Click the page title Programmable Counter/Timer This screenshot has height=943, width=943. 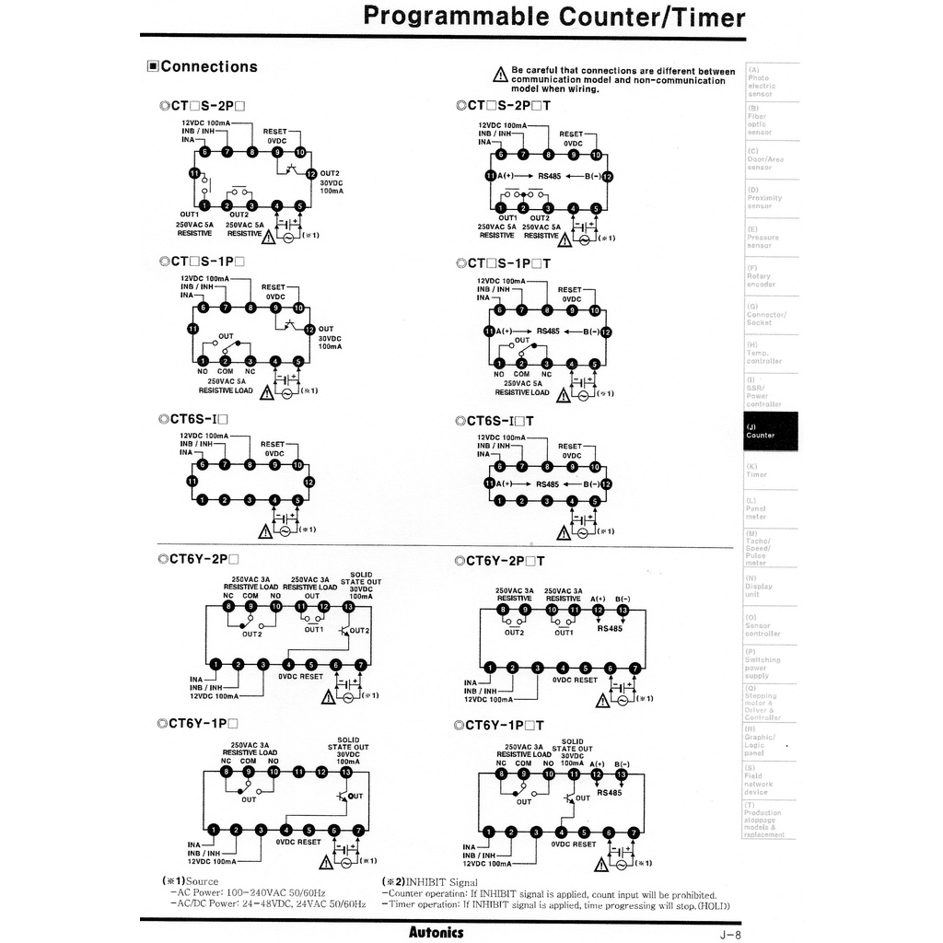coord(554,17)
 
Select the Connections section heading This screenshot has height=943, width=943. coord(203,66)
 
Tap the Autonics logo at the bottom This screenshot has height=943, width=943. coord(436,932)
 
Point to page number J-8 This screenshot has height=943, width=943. coord(730,934)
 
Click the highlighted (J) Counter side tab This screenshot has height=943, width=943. coord(771,431)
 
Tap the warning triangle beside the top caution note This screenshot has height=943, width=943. coord(500,75)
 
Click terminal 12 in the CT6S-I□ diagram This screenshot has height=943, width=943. coord(309,482)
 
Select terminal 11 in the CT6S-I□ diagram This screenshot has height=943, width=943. coord(192,482)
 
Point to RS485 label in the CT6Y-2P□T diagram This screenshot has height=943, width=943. coord(610,629)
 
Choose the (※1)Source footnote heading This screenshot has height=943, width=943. coord(191,882)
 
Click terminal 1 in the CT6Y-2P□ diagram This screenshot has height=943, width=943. coord(215,664)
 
